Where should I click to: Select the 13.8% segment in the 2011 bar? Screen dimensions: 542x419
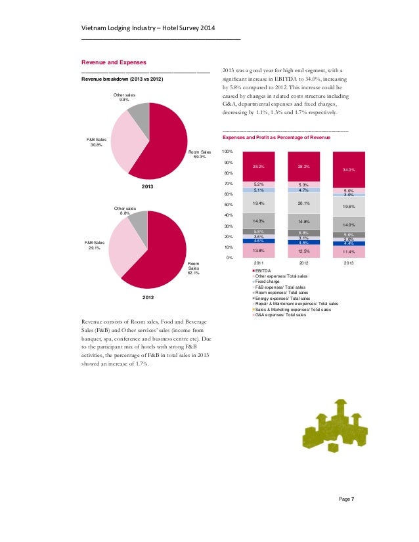pos(258,251)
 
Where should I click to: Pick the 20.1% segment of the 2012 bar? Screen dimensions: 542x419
pos(303,203)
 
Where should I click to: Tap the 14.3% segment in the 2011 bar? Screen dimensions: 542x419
pos(258,221)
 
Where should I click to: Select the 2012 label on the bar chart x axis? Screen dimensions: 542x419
pos(303,263)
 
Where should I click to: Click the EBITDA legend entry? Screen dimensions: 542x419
pos(263,271)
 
